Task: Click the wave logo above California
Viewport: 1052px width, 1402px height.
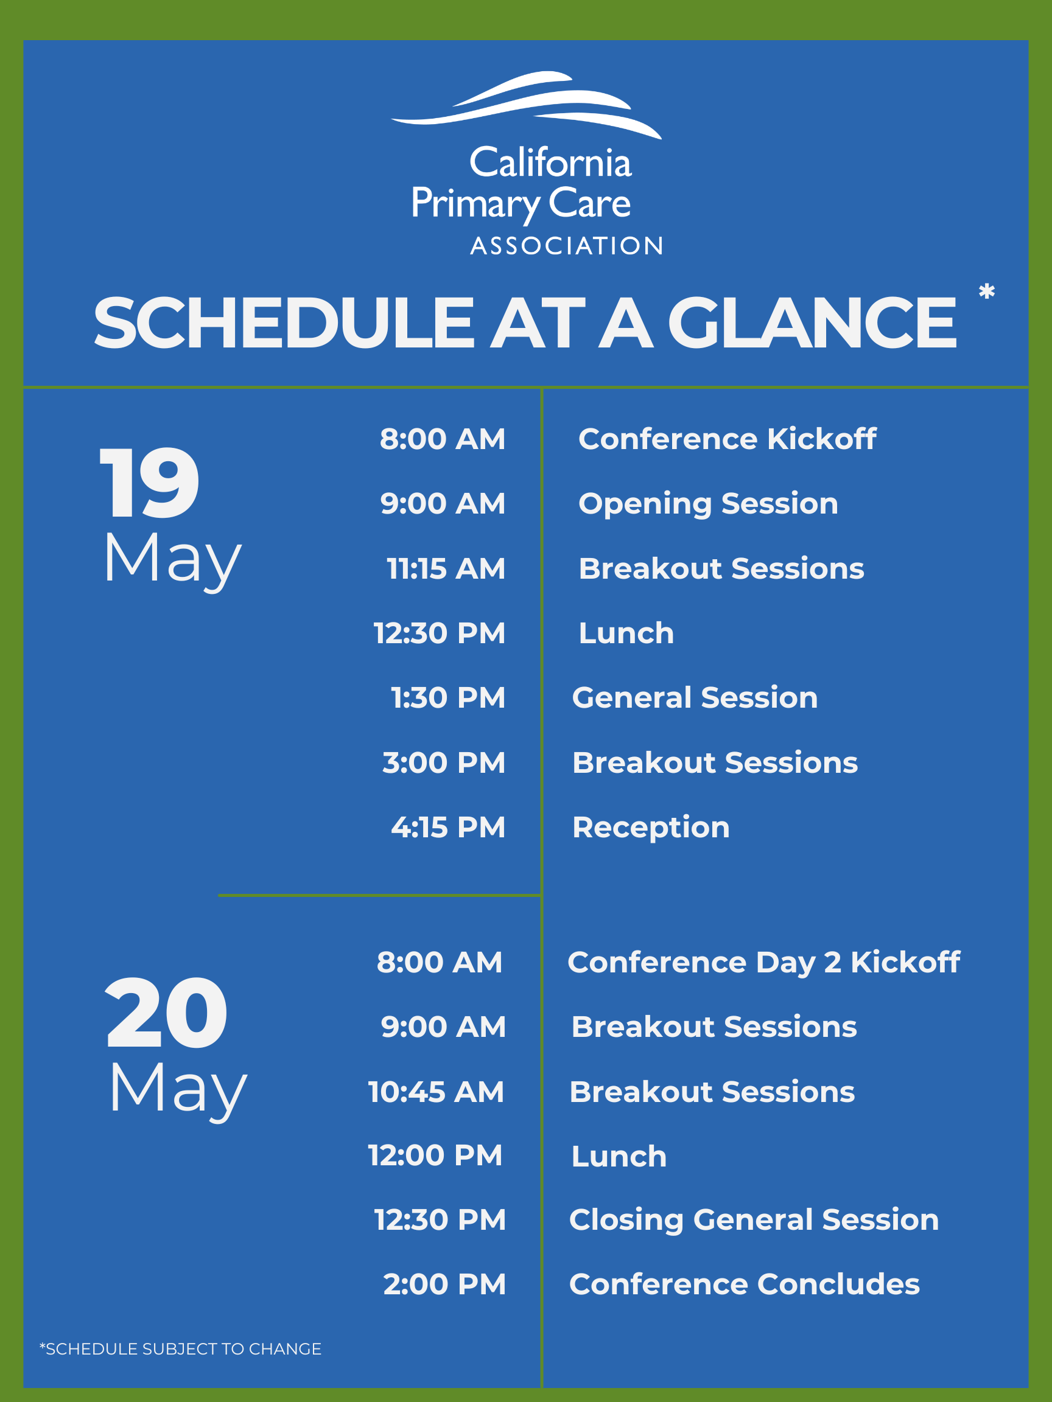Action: [x=527, y=105]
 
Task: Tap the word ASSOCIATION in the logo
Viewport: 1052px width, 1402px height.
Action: [x=567, y=246]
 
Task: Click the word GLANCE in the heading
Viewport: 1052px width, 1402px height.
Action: [x=812, y=323]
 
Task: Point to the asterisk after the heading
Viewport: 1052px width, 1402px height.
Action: [x=987, y=291]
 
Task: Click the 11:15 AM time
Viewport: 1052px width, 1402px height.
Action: [x=446, y=568]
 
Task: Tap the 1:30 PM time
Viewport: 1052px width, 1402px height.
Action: [x=447, y=698]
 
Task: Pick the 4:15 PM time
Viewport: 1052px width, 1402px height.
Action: [x=447, y=827]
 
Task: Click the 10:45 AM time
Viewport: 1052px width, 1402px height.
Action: [x=437, y=1092]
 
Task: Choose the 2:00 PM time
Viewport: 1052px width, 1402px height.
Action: [x=444, y=1284]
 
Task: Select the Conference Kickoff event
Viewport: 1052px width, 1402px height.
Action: [x=728, y=439]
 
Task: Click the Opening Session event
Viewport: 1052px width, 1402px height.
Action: [x=708, y=504]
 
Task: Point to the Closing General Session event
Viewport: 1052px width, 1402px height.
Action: [x=754, y=1221]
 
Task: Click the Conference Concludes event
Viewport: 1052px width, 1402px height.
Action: [x=745, y=1284]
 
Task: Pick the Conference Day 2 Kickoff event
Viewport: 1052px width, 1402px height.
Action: [x=764, y=963]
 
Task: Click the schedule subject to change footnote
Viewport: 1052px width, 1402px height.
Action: [x=181, y=1349]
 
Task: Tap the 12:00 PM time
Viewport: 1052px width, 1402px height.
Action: [x=436, y=1155]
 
